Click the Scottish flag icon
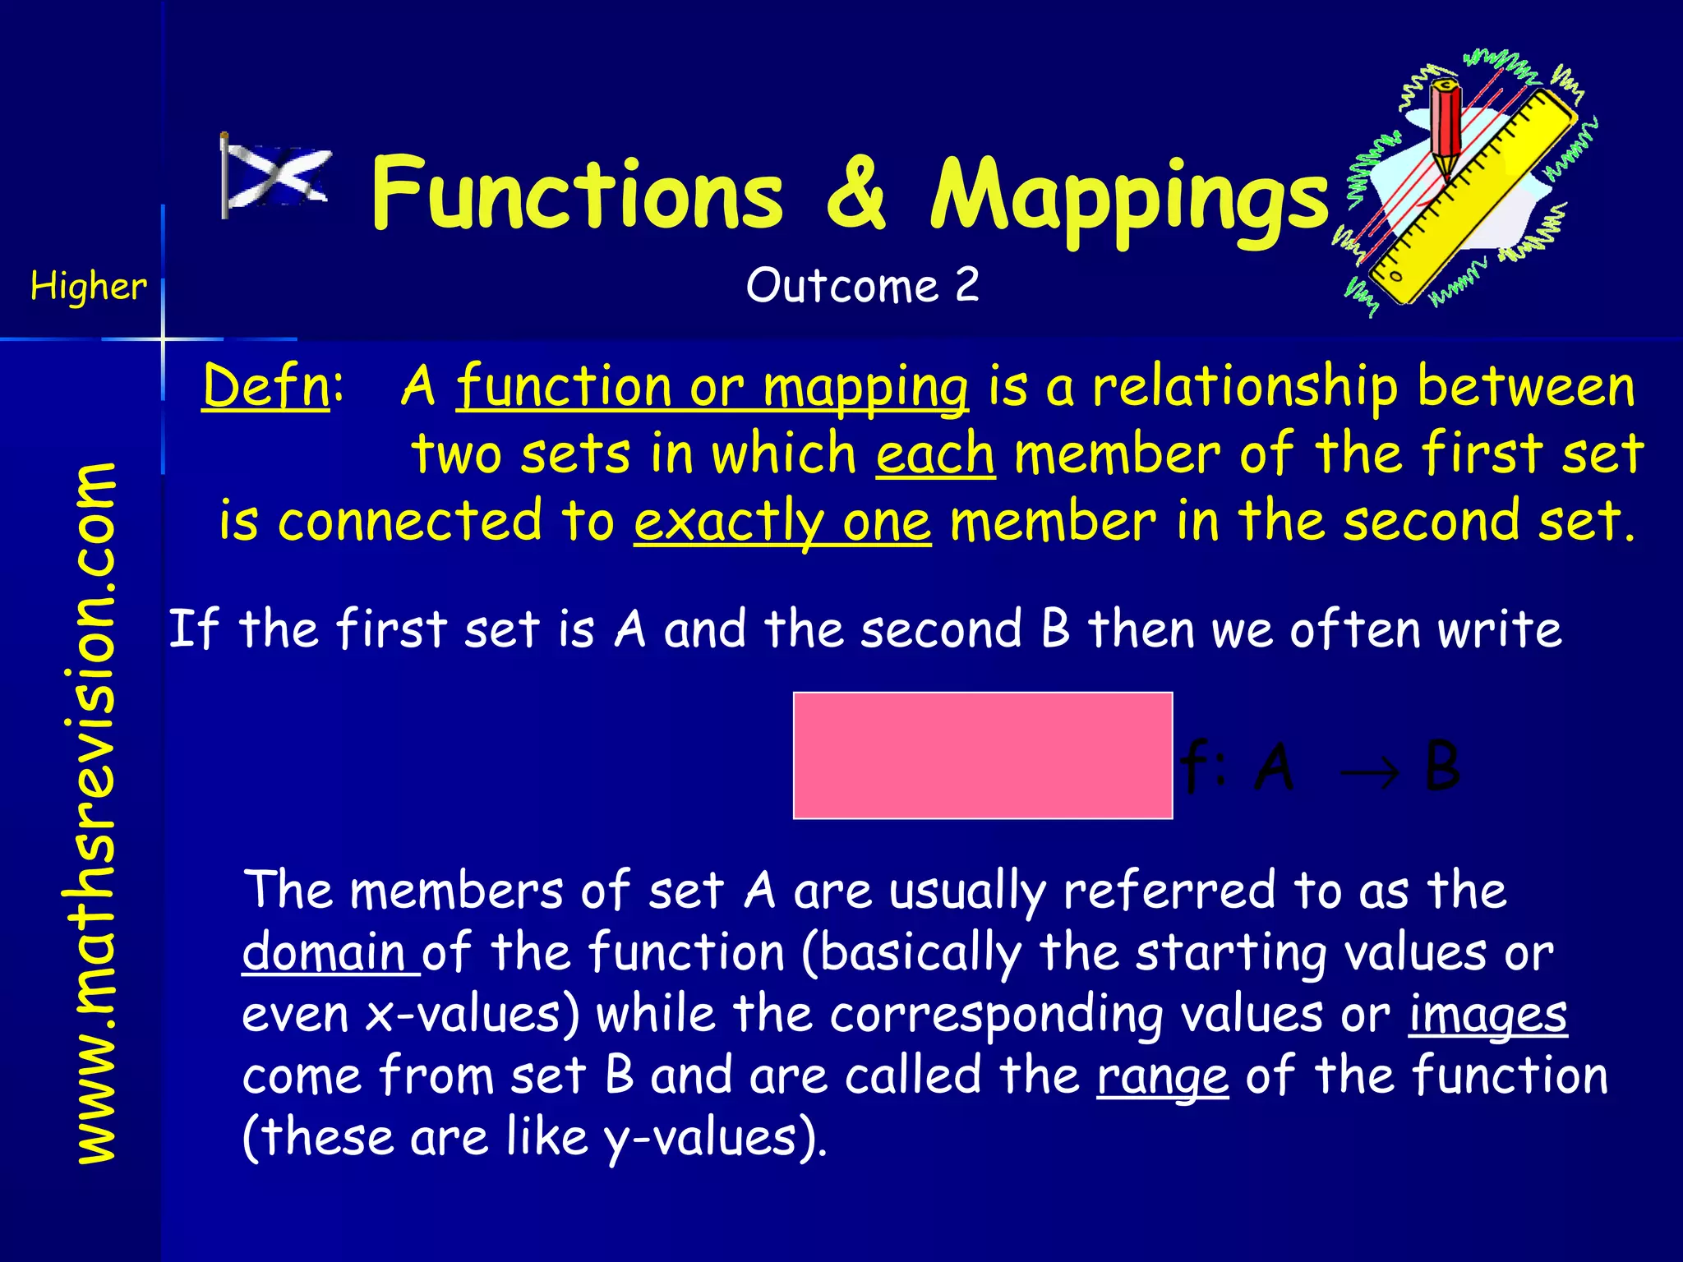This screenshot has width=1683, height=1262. (x=276, y=176)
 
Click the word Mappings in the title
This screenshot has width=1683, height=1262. (x=1129, y=197)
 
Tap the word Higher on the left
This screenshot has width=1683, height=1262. (x=89, y=286)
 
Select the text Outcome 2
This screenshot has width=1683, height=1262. (x=862, y=286)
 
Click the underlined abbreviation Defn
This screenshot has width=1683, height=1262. (x=266, y=386)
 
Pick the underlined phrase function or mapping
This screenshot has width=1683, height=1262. (x=712, y=386)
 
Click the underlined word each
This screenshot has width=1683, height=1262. (x=935, y=454)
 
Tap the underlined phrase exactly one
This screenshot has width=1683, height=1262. (x=782, y=521)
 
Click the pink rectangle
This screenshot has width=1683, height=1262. (x=982, y=755)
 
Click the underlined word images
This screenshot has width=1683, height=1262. (x=1487, y=1015)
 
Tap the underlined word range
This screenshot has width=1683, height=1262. (x=1162, y=1076)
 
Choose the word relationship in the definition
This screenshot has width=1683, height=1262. (x=1244, y=386)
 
